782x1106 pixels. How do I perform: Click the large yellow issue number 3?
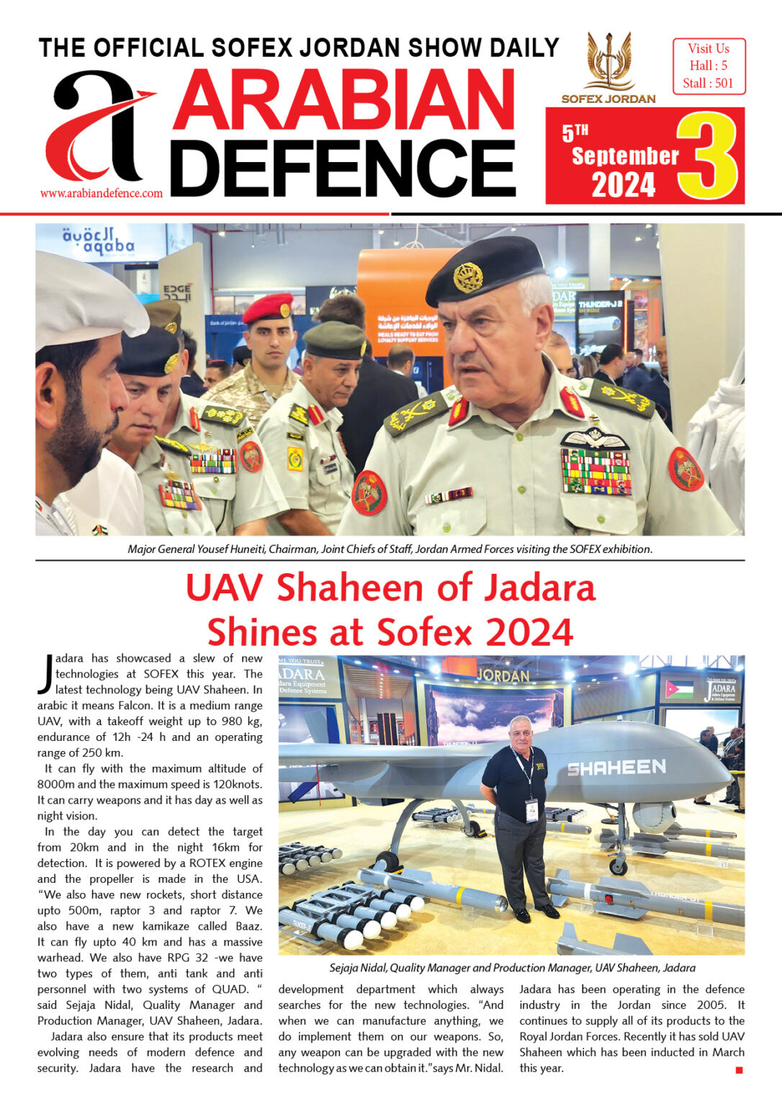click(707, 156)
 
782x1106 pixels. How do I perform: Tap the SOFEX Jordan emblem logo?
click(608, 60)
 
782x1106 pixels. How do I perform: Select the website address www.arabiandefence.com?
click(102, 193)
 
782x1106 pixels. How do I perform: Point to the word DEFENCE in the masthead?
click(343, 169)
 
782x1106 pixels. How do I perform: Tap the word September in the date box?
click(625, 156)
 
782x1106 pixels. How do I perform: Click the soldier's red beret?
click(268, 307)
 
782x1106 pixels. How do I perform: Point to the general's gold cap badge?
click(468, 277)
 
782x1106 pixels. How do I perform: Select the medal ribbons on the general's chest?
click(596, 472)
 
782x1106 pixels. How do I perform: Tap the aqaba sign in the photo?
click(99, 242)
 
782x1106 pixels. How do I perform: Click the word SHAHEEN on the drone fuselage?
click(616, 768)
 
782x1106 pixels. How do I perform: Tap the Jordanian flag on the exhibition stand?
click(679, 689)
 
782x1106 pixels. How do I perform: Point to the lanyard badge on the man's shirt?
click(531, 810)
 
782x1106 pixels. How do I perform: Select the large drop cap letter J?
click(45, 674)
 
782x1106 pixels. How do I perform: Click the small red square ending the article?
click(739, 1071)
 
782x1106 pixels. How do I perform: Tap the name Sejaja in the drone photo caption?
click(348, 968)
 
